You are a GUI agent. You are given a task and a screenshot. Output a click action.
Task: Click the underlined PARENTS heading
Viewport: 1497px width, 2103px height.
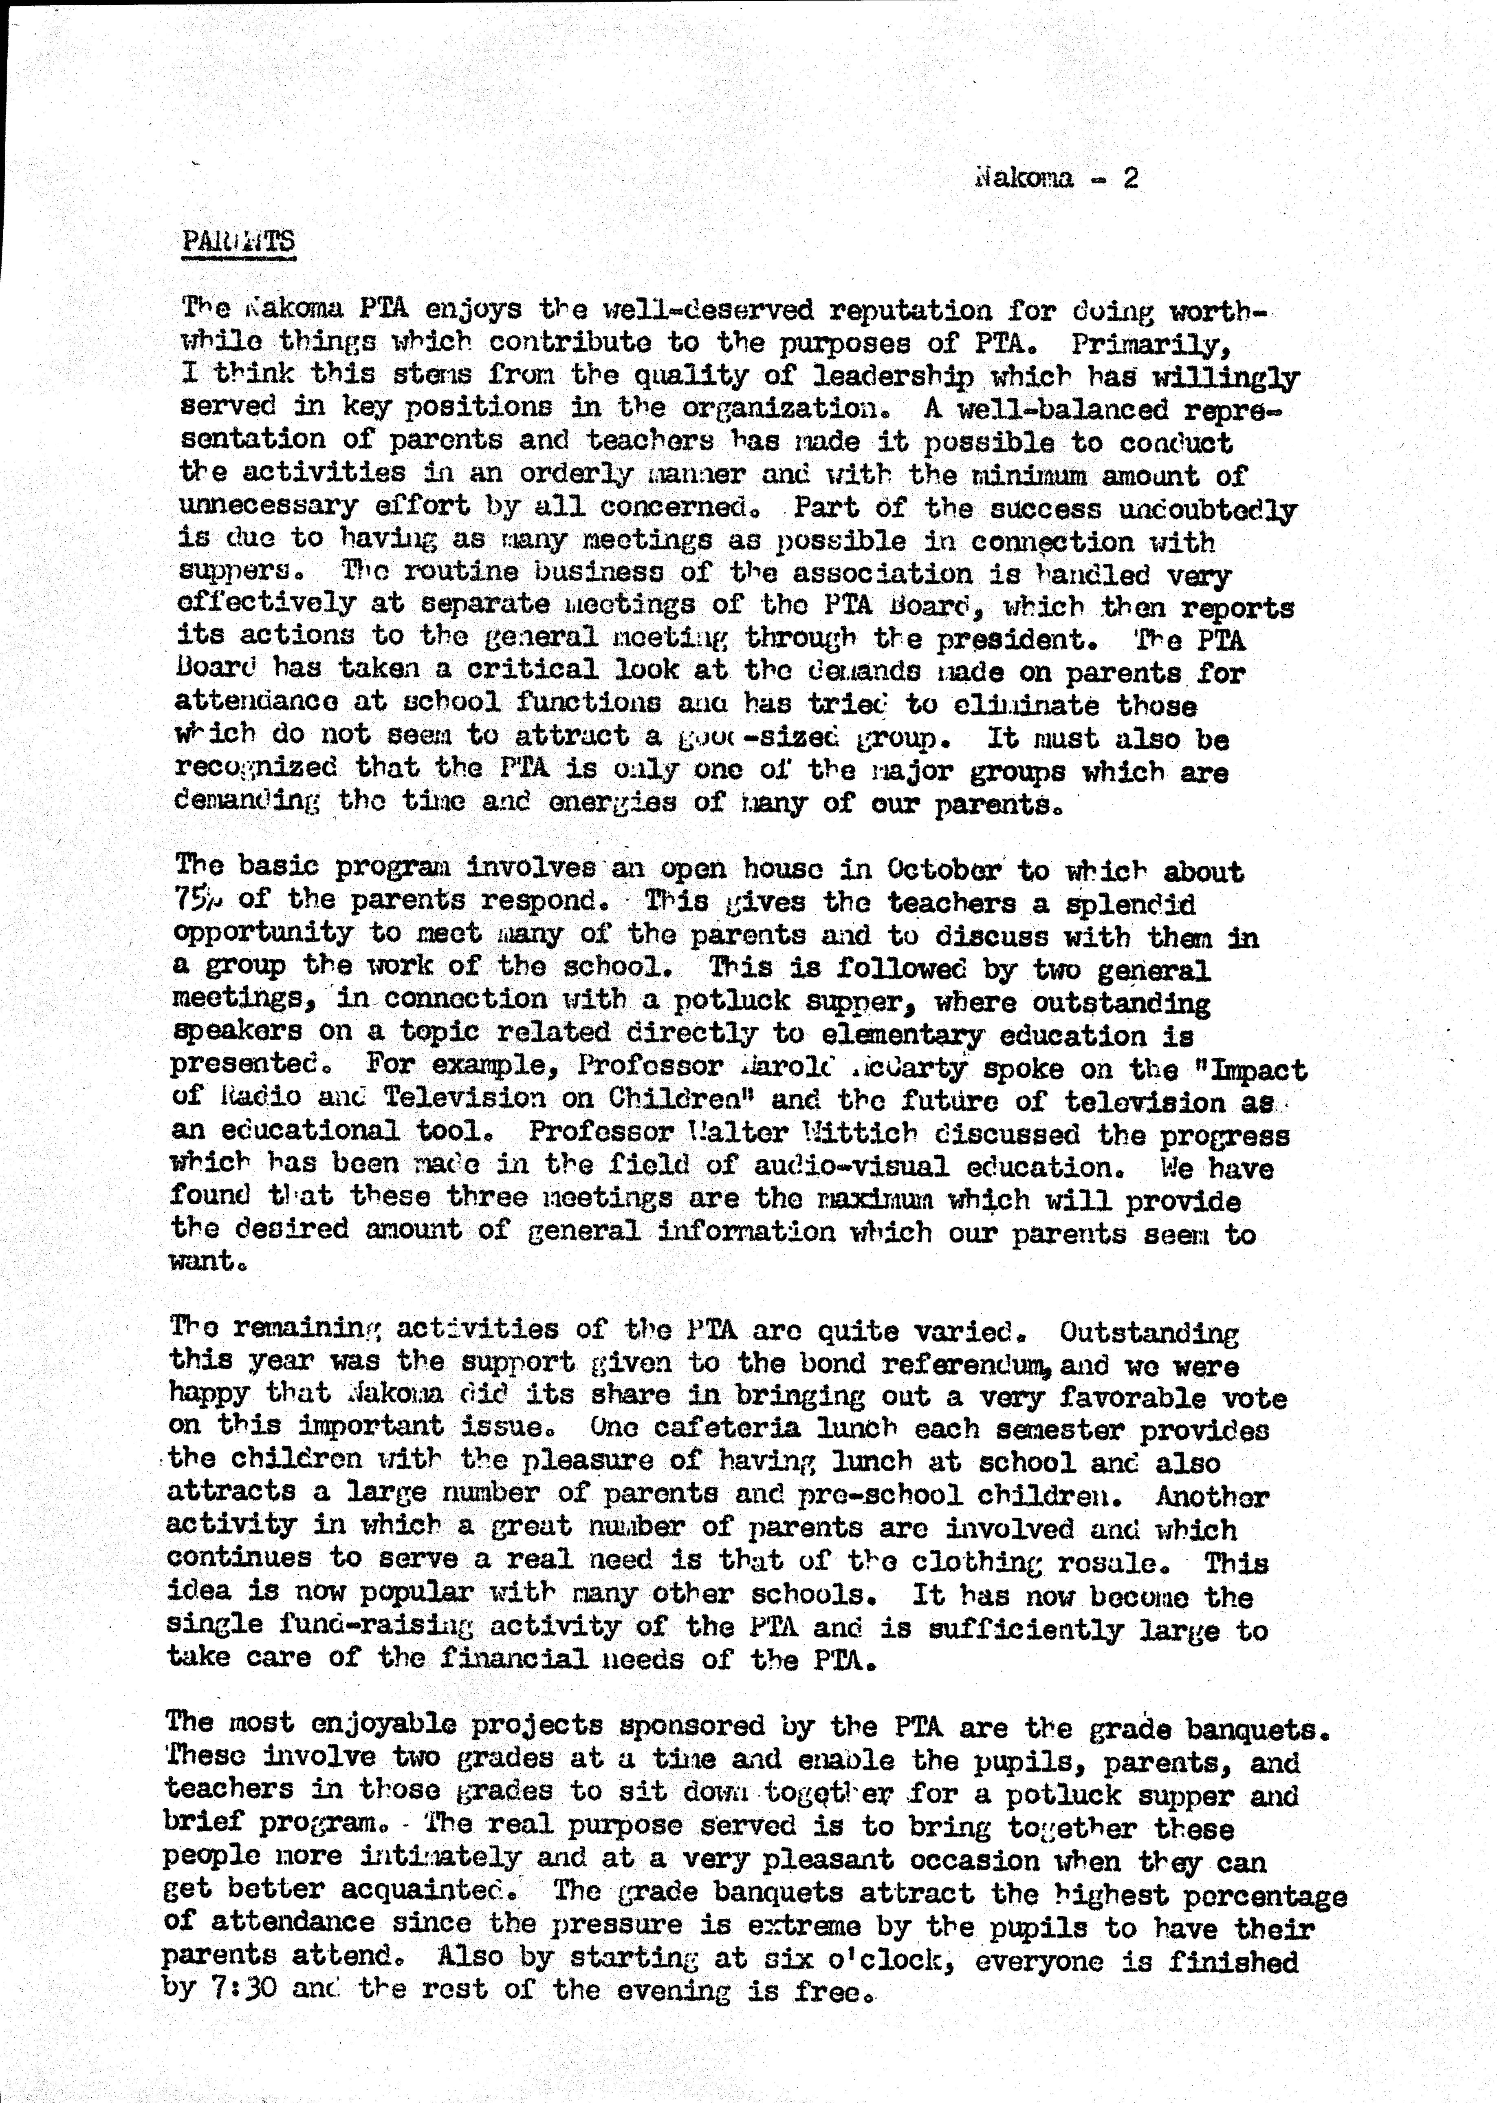pos(238,242)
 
